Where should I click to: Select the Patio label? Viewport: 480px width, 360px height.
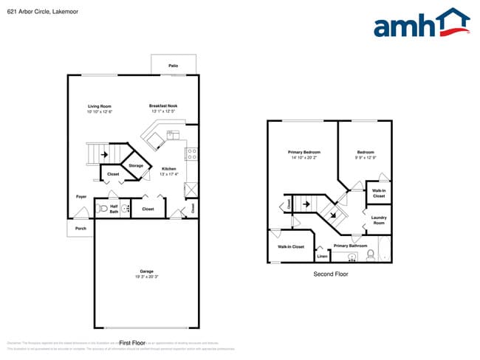coord(173,66)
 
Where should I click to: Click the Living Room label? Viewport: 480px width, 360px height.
coord(99,108)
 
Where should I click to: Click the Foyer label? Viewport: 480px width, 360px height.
coord(81,196)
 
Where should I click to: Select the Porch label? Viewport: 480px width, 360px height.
coord(80,229)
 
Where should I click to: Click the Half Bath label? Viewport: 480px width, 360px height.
coord(114,210)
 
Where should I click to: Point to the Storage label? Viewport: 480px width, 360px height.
coord(136,166)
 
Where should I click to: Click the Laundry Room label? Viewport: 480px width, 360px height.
coord(379,219)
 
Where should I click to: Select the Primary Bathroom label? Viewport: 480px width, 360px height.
coord(349,246)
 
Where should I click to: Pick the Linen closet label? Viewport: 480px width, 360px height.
coord(322,256)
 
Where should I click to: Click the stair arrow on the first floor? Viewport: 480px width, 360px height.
coord(104,155)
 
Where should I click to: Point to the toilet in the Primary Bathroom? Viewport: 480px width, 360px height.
coord(371,255)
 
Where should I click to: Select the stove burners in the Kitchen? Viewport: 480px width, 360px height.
coord(191,155)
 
